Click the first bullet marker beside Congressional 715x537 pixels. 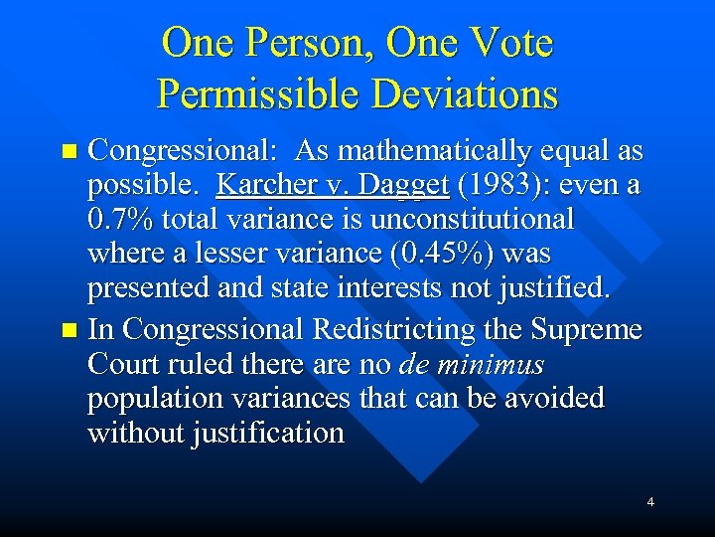tap(69, 152)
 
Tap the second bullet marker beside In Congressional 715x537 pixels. tap(69, 330)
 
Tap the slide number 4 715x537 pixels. tap(650, 502)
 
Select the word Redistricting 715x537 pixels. tap(381, 329)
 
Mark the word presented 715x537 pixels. tap(145, 288)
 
